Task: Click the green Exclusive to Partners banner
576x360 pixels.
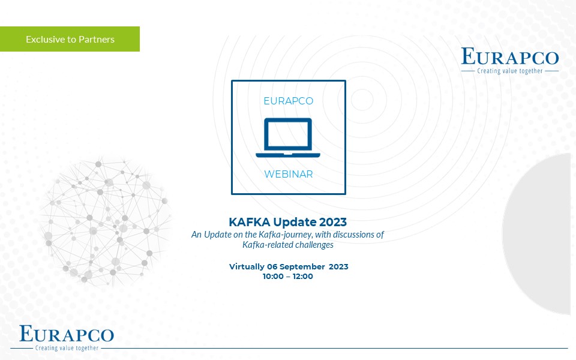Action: tap(70, 39)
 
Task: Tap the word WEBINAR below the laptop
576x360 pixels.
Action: tap(289, 174)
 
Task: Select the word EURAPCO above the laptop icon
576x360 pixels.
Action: tap(289, 101)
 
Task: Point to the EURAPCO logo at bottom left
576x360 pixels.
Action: tap(67, 338)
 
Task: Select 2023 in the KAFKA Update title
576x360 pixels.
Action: tap(333, 222)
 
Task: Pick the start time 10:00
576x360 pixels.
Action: tap(273, 276)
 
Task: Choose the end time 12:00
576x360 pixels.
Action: tap(302, 276)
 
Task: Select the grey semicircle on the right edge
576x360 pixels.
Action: tap(536, 234)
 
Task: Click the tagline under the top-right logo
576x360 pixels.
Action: tap(510, 71)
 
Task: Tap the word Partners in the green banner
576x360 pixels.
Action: tap(97, 40)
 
